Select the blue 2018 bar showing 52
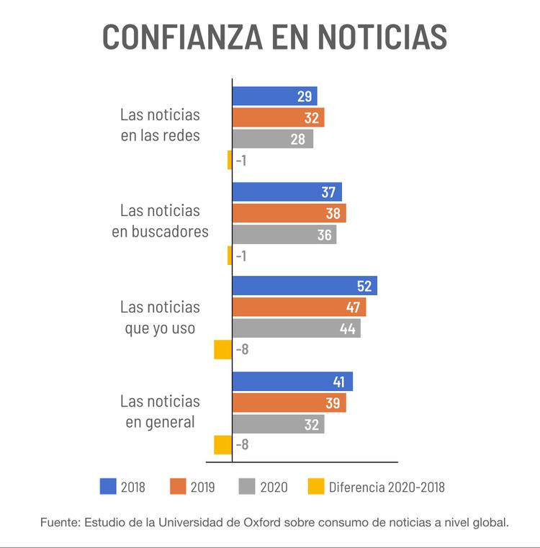pos(304,286)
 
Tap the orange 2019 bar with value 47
pos(299,307)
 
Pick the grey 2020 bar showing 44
pos(296,328)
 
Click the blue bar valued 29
pos(274,96)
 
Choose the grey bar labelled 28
pos(272,139)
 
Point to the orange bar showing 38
pos(289,213)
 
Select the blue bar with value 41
pos(292,382)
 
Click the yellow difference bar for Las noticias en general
pos(222,445)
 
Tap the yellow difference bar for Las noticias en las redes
pos(230,160)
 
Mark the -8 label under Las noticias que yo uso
pos(242,350)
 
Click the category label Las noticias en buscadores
pos(160,221)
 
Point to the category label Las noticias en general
pos(160,412)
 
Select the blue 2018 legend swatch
pos(108,487)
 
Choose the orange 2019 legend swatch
pos(178,487)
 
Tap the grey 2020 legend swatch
pos(247,487)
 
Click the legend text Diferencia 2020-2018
pos(387,488)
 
